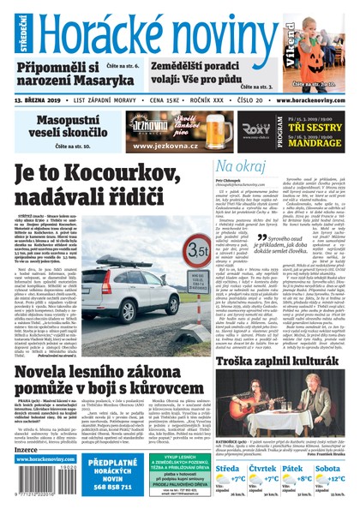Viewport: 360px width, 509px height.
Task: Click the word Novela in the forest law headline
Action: click(47, 354)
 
